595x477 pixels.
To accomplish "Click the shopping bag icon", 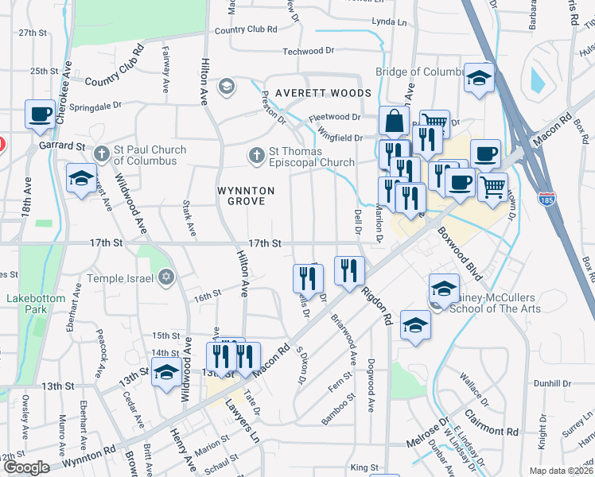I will click(x=394, y=122).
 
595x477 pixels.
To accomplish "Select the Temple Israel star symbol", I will click(x=165, y=277).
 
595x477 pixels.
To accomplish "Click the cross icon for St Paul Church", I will click(x=101, y=153).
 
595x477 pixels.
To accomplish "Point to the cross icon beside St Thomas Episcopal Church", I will click(x=256, y=156).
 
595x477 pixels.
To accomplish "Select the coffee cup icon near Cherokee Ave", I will click(x=39, y=114).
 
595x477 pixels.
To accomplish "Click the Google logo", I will click(x=25, y=467).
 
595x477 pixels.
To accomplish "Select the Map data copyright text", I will click(x=560, y=471).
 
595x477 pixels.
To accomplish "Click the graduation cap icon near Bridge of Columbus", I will click(x=479, y=78).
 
